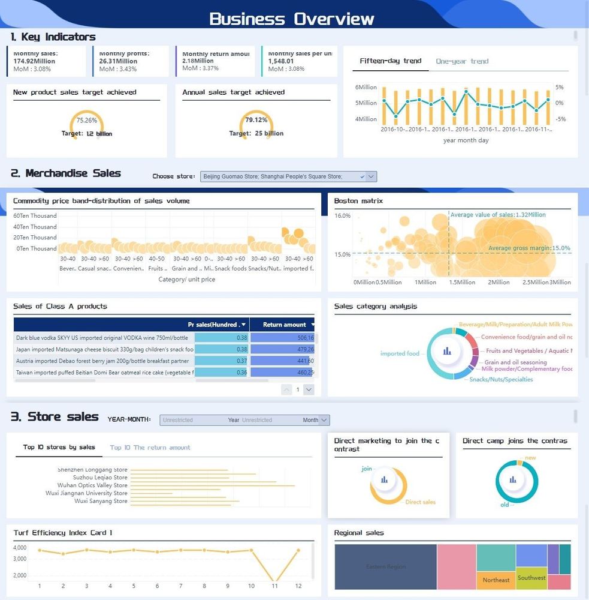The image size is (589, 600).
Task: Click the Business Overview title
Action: pyautogui.click(x=292, y=19)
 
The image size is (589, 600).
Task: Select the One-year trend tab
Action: pyautogui.click(x=462, y=61)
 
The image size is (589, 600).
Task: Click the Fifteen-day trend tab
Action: pyautogui.click(x=391, y=61)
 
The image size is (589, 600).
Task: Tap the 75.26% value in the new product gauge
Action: pyautogui.click(x=87, y=120)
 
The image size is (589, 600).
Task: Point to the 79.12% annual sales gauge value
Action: pyautogui.click(x=256, y=120)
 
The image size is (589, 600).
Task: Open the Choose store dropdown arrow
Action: pyautogui.click(x=371, y=176)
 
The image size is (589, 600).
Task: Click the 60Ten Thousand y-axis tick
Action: pyautogui.click(x=35, y=216)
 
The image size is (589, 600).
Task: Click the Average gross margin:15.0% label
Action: pyautogui.click(x=529, y=248)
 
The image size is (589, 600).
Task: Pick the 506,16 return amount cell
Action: pyautogui.click(x=282, y=338)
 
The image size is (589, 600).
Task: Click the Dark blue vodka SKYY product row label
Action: pyautogui.click(x=102, y=338)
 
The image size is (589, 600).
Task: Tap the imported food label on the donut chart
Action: pyautogui.click(x=400, y=353)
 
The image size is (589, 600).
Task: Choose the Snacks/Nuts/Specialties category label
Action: pyautogui.click(x=501, y=379)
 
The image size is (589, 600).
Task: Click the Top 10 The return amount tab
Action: pyautogui.click(x=150, y=448)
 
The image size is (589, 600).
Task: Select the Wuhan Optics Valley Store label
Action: pyautogui.click(x=92, y=485)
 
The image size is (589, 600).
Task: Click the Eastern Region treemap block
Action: pyautogui.click(x=386, y=566)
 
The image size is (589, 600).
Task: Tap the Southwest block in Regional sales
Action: pyautogui.click(x=531, y=578)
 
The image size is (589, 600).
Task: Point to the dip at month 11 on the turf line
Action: pyautogui.click(x=274, y=584)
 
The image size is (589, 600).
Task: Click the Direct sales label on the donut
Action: pyautogui.click(x=420, y=502)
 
